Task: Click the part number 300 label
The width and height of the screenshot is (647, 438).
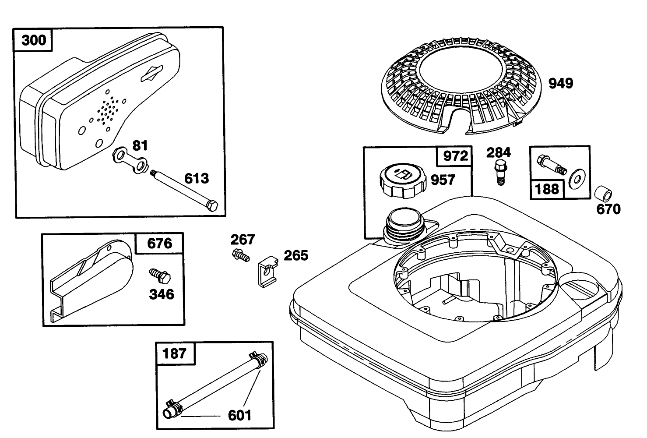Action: pyautogui.click(x=34, y=40)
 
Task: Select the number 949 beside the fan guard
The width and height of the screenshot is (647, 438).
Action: pyautogui.click(x=561, y=84)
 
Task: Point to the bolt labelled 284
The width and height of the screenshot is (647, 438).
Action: pyautogui.click(x=500, y=173)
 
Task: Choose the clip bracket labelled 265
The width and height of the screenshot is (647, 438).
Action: pyautogui.click(x=267, y=272)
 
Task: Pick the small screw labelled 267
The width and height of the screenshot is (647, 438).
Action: pyautogui.click(x=241, y=255)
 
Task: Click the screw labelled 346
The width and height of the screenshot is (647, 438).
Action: pyautogui.click(x=160, y=276)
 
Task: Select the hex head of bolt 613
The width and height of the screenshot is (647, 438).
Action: pyautogui.click(x=212, y=205)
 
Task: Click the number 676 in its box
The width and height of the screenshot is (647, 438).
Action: pyautogui.click(x=160, y=244)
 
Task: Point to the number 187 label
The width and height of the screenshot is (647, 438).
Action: pyautogui.click(x=174, y=353)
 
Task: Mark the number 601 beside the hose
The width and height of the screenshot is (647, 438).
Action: pyautogui.click(x=239, y=416)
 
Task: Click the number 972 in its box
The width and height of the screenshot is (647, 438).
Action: pyautogui.click(x=456, y=156)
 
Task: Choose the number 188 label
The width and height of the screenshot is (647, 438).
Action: pyautogui.click(x=547, y=190)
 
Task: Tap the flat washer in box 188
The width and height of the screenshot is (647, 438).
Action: pyautogui.click(x=577, y=180)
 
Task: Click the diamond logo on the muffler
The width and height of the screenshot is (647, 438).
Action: pyautogui.click(x=151, y=74)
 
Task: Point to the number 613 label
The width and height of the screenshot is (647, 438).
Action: pyautogui.click(x=197, y=179)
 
